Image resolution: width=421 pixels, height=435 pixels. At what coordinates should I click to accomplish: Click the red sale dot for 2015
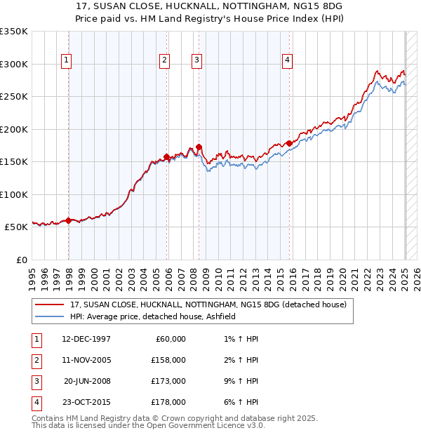289,143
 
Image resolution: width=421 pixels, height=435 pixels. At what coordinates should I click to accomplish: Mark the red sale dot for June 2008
199,147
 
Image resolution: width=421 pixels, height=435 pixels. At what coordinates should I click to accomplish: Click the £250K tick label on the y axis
14,96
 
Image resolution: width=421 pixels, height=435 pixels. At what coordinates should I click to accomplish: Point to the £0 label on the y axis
21,260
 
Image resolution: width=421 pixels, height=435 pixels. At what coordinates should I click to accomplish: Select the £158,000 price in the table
169,360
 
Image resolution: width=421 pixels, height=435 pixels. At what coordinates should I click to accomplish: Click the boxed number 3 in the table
35,381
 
